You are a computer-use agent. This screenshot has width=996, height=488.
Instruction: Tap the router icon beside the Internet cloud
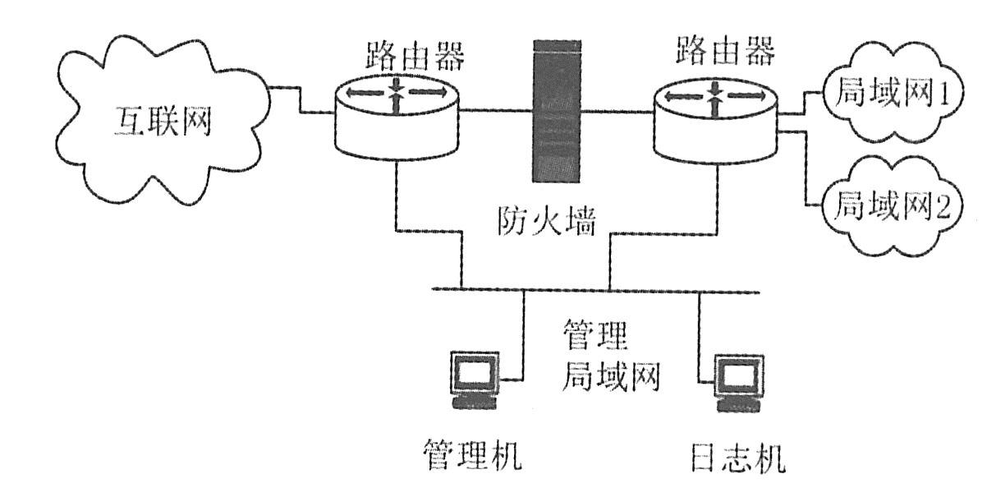click(x=397, y=119)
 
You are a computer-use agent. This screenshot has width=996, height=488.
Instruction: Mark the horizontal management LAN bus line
click(x=591, y=289)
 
